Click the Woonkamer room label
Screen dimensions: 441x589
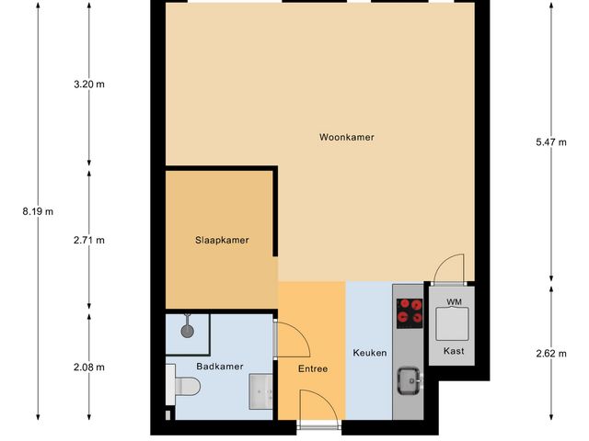click(346, 138)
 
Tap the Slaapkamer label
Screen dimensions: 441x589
click(222, 241)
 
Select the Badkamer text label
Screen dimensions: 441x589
click(220, 366)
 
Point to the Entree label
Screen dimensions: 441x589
click(312, 369)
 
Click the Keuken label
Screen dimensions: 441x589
click(370, 353)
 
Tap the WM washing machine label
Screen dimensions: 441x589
click(453, 302)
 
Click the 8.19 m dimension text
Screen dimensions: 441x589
click(38, 211)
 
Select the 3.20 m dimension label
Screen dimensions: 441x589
click(89, 85)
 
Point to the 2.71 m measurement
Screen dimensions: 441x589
click(89, 241)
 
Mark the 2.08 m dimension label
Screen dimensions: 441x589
click(89, 367)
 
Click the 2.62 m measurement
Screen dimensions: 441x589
click(550, 353)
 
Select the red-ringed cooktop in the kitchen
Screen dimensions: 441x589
click(409, 313)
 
